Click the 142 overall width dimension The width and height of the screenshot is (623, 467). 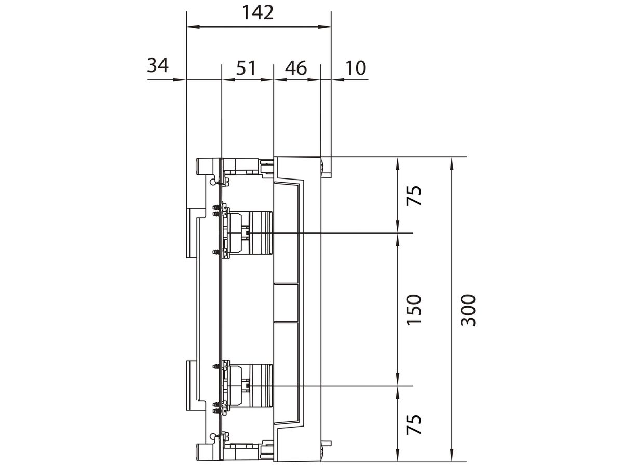(x=258, y=12)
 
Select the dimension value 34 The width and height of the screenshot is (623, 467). (x=158, y=66)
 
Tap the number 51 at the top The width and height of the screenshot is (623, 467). (x=246, y=68)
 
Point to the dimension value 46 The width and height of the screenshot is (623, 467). (x=296, y=68)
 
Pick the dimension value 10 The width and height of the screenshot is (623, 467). (x=356, y=68)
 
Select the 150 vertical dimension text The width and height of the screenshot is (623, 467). (x=414, y=310)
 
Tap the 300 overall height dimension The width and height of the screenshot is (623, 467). (x=468, y=310)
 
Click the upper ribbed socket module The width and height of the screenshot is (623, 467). (x=260, y=233)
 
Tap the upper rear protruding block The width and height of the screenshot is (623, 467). (x=192, y=233)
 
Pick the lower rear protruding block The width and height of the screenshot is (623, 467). (x=192, y=385)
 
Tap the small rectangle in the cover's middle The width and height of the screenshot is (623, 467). (x=286, y=303)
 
